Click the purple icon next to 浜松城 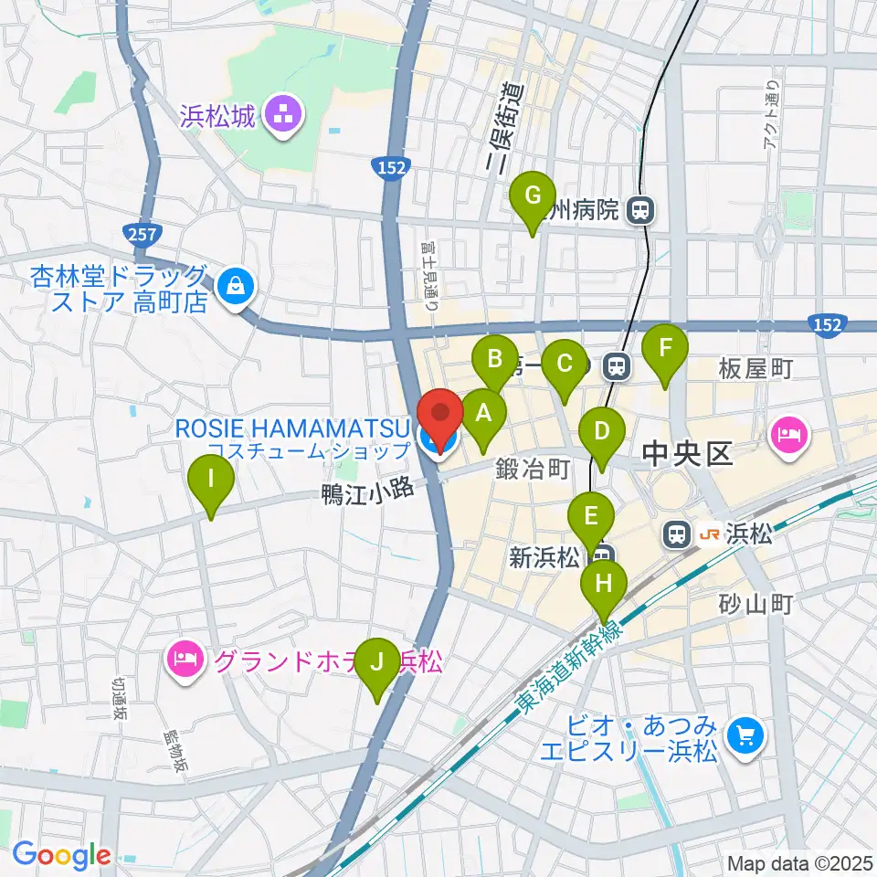click(281, 115)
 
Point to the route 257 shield click(143, 236)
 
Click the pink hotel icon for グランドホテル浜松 click(185, 662)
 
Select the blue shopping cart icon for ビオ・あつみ click(742, 734)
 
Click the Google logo click(62, 855)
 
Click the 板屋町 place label click(755, 369)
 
